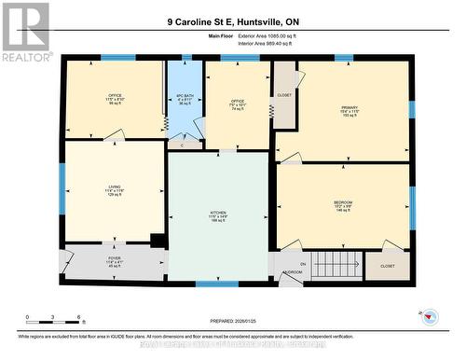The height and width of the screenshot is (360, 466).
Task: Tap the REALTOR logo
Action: click(25, 32)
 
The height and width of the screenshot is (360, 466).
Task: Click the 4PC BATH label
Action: click(184, 98)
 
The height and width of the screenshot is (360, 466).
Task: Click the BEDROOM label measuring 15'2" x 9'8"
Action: click(343, 205)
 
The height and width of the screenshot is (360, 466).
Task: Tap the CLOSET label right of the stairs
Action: click(387, 266)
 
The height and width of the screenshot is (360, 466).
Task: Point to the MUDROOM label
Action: click(291, 272)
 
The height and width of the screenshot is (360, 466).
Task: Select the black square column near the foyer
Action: click(158, 242)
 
